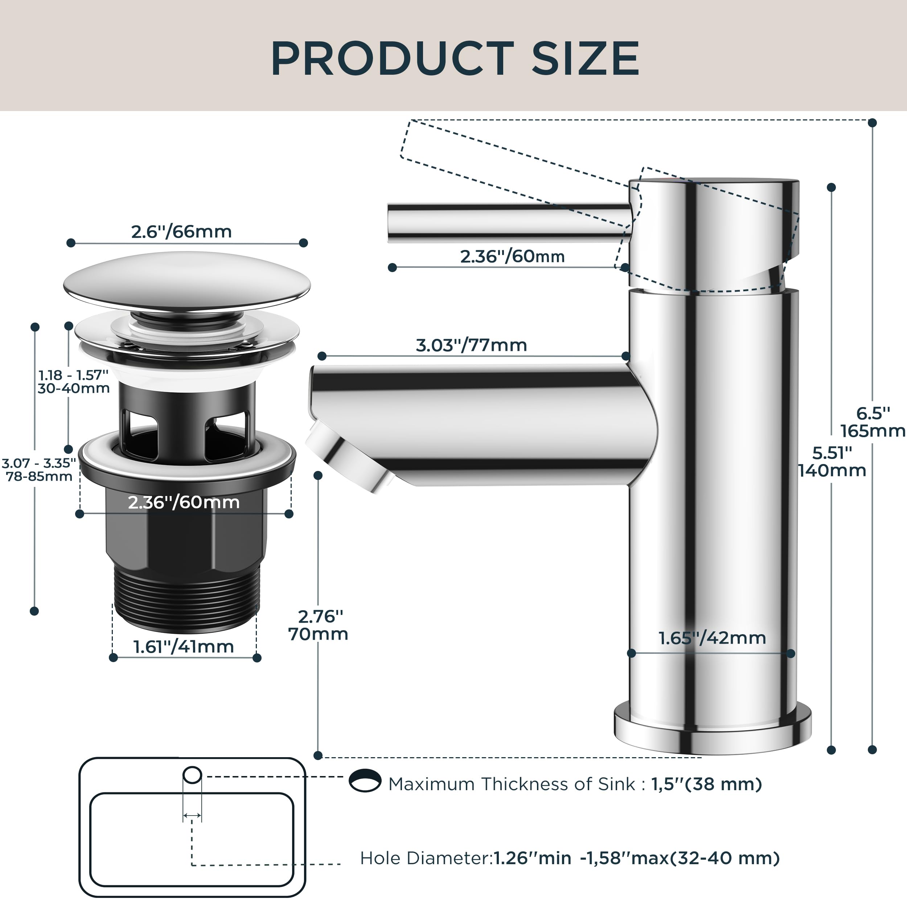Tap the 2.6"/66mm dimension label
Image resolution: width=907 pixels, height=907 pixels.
click(x=181, y=231)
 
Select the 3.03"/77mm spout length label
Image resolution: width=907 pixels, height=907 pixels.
click(x=471, y=345)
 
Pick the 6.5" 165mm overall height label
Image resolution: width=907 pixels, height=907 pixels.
click(x=872, y=422)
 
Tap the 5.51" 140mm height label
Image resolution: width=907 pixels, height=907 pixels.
click(x=832, y=461)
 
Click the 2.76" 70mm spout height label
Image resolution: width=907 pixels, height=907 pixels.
click(x=318, y=625)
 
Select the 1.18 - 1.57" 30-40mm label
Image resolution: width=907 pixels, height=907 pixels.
click(x=74, y=381)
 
